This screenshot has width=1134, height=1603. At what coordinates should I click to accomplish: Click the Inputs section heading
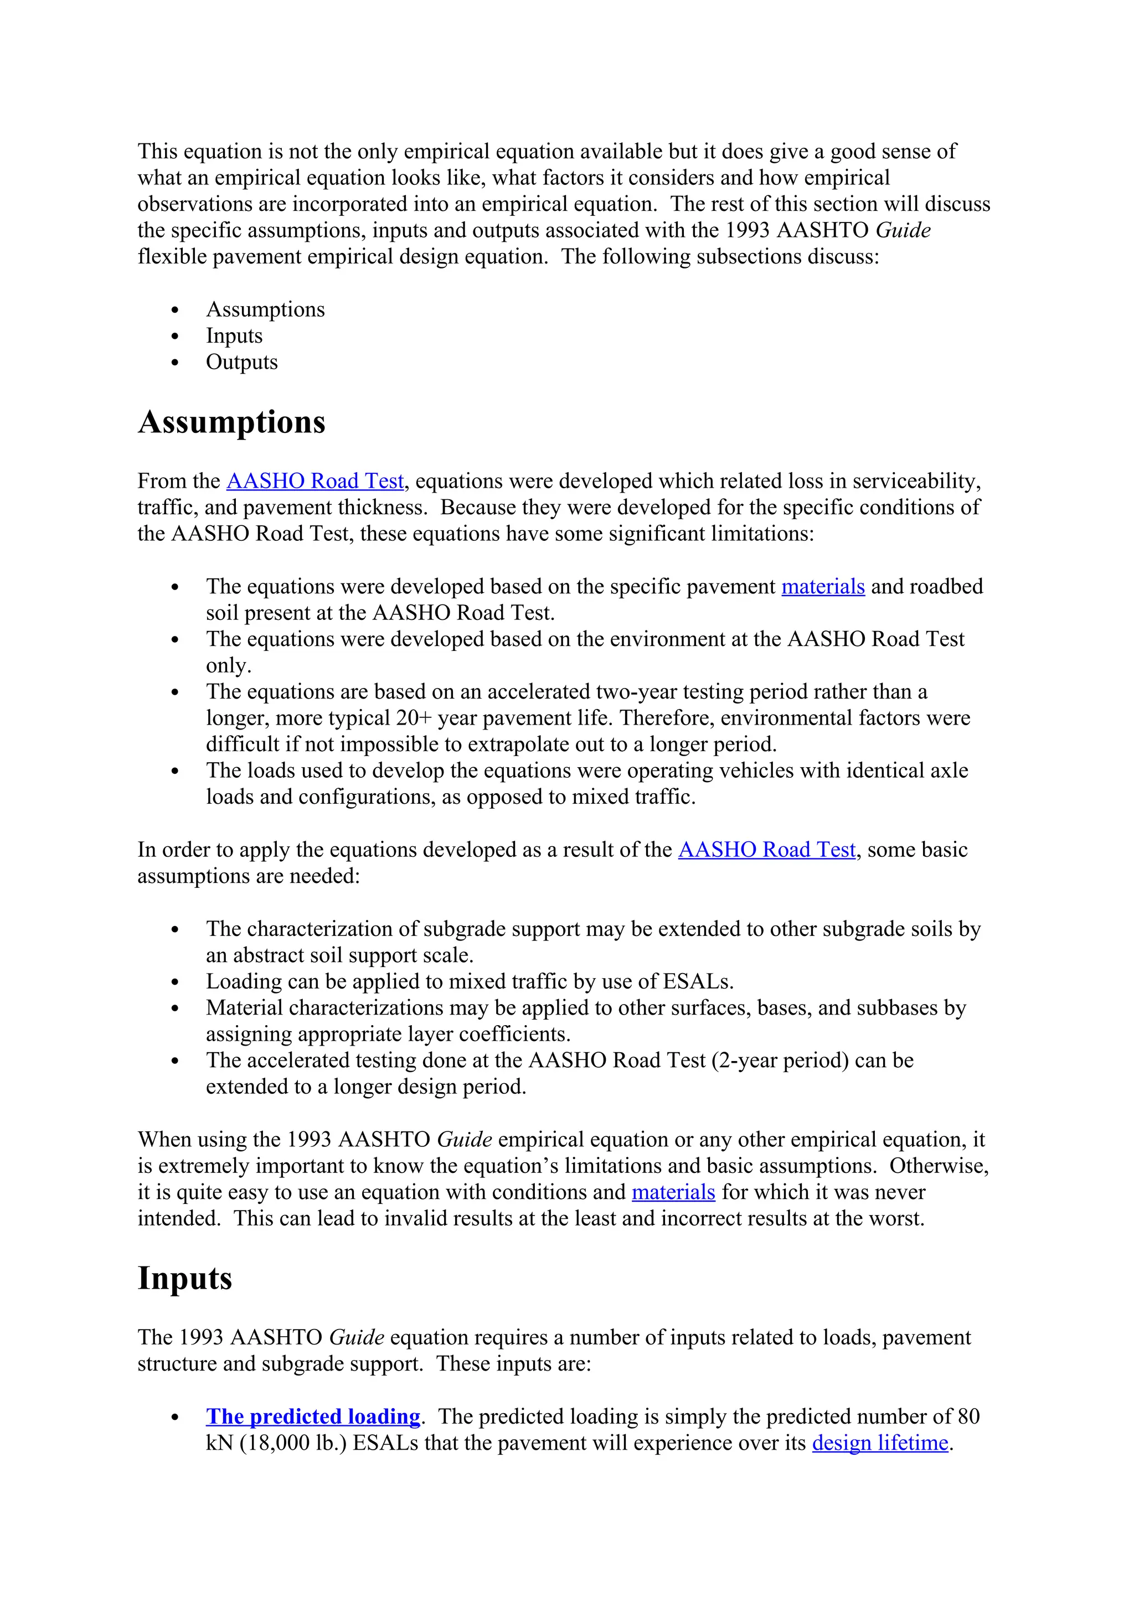click(x=184, y=1278)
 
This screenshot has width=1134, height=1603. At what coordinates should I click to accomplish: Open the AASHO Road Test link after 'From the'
click(x=315, y=481)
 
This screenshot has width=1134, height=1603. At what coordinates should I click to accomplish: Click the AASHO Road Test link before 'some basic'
click(x=767, y=850)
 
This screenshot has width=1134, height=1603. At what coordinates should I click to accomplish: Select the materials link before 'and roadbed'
click(x=823, y=587)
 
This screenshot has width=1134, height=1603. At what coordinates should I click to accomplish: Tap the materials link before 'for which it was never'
click(x=673, y=1192)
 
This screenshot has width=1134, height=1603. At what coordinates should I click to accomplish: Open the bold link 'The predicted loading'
click(x=313, y=1416)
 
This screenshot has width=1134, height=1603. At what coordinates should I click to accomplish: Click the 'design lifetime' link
click(x=880, y=1442)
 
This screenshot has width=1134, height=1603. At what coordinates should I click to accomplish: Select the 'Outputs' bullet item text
click(x=241, y=363)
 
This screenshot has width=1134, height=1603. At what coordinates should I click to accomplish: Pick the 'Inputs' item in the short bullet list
click(x=234, y=336)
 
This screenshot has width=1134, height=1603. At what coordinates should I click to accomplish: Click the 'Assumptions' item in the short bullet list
click(x=265, y=309)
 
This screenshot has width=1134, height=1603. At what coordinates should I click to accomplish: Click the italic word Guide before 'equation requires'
click(x=356, y=1337)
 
